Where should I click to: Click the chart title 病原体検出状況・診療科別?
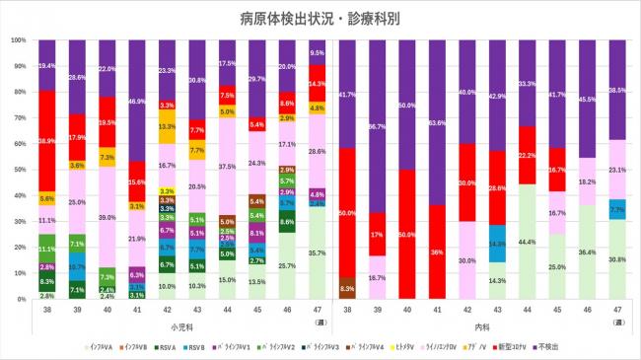(320, 18)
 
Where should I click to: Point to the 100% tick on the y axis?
(18, 40)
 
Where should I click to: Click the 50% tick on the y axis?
(20, 170)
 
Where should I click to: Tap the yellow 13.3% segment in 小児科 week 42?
(167, 127)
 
